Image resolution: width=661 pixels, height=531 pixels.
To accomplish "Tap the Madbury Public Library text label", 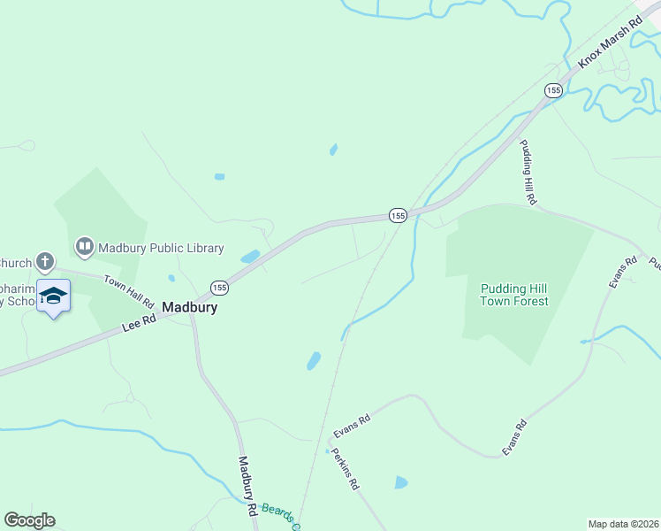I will coord(161,248).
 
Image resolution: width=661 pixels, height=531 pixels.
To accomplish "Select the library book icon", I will coord(85,247).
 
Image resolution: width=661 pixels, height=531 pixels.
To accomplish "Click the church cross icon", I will coord(46,262).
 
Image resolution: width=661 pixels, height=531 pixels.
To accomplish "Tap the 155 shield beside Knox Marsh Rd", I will coord(553,90).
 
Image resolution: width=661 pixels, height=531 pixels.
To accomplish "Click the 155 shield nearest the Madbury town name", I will coord(219,288).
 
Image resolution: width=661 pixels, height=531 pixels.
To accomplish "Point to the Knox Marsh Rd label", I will coord(609,42).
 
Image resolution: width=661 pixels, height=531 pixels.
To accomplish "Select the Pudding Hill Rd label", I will coord(528,173).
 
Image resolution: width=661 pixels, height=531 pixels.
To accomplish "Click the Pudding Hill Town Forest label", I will coord(513,295).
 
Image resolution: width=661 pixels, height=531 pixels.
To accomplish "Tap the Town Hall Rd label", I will coord(129,291).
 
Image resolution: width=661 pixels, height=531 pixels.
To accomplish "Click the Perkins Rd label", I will coord(346,470).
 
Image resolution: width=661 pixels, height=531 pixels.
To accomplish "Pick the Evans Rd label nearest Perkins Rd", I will coord(351,425).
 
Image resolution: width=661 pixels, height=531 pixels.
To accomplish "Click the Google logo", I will coord(29,520).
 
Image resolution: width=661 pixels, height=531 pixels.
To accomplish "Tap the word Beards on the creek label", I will coord(275,512).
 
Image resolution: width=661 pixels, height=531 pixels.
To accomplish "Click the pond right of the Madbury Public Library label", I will coord(250,258).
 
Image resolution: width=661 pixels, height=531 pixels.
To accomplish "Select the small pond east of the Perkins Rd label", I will coord(400,482).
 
